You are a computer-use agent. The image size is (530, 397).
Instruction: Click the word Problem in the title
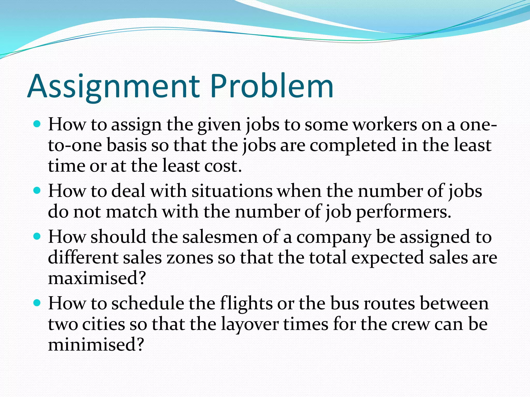(x=271, y=86)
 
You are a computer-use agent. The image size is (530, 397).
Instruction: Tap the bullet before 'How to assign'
(x=37, y=125)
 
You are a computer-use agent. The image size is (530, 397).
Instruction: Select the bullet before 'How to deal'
(x=37, y=191)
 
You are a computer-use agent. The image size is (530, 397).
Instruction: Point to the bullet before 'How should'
(x=37, y=236)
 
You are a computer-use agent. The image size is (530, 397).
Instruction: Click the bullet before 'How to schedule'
(x=37, y=303)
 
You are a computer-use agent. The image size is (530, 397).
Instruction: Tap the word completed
(x=353, y=145)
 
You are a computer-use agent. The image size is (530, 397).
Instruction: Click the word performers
(x=403, y=212)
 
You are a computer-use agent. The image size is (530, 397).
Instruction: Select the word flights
(x=246, y=303)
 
